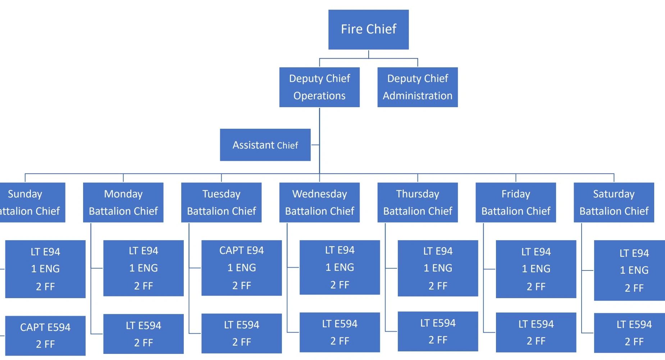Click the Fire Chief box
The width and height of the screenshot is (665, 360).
[x=368, y=29]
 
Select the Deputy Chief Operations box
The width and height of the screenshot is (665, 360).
[x=319, y=87]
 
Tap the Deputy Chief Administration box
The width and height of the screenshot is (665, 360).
[x=417, y=87]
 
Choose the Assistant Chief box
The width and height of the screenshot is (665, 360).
[x=265, y=145]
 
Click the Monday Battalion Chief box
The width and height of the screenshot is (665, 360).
[x=123, y=202]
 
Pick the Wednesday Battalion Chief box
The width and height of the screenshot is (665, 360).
[x=319, y=202]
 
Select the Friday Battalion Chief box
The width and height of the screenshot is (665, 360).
[x=515, y=202]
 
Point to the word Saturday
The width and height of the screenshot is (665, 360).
[x=614, y=194]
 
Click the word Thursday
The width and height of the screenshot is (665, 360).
[x=417, y=194]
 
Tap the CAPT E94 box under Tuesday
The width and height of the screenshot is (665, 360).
[x=241, y=268]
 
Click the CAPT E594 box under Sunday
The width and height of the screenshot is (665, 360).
[x=45, y=336]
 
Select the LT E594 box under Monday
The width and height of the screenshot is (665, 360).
[x=143, y=334]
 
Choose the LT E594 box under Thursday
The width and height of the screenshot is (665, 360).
[x=438, y=331]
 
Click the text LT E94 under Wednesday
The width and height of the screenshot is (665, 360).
[x=340, y=250]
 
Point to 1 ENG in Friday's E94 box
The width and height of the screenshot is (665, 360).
[x=536, y=269]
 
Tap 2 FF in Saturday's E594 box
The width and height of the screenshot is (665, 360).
[x=634, y=341]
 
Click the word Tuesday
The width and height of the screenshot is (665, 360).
[x=221, y=194]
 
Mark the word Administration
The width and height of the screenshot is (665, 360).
[x=417, y=96]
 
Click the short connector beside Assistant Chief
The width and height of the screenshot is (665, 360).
[x=315, y=145]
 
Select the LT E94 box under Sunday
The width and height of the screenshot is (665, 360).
[x=45, y=269]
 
